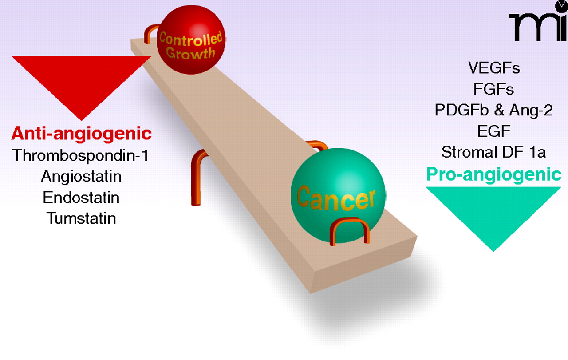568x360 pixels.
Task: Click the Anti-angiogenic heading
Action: pos(81,133)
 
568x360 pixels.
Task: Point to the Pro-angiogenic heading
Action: pos(493,174)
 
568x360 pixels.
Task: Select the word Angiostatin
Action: pos(81,176)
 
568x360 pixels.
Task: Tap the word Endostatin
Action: pos(81,197)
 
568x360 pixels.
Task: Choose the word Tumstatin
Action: pos(81,218)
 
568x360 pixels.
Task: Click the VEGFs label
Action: pos(493,68)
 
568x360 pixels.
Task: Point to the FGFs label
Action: pos(493,89)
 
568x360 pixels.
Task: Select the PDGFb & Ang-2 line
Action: pos(493,110)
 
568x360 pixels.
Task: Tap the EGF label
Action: pos(493,131)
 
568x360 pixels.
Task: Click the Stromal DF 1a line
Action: pos(493,152)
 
